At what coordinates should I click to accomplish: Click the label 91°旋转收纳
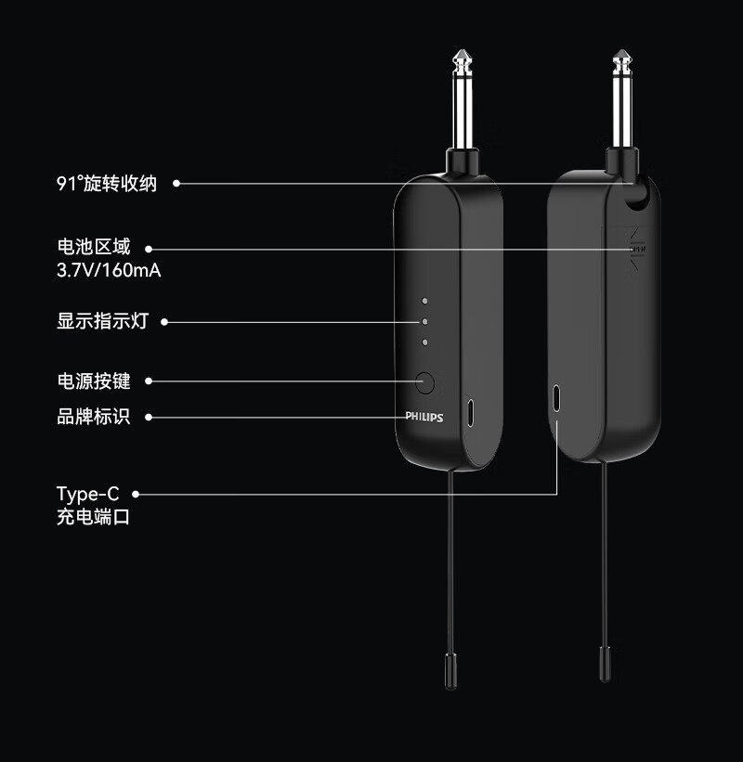(x=107, y=184)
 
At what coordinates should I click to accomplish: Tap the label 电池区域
(x=93, y=248)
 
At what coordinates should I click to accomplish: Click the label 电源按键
(x=93, y=381)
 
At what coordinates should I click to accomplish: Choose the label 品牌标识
(x=93, y=417)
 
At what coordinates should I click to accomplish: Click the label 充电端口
(x=93, y=517)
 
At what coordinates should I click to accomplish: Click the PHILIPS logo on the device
(x=424, y=418)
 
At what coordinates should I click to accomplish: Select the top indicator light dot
(x=424, y=301)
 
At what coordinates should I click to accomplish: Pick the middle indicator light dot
(x=424, y=322)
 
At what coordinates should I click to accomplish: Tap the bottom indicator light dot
(x=424, y=342)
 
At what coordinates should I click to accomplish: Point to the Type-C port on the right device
(x=556, y=397)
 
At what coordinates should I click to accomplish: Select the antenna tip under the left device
(x=450, y=669)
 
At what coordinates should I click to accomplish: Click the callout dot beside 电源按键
(x=149, y=381)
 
